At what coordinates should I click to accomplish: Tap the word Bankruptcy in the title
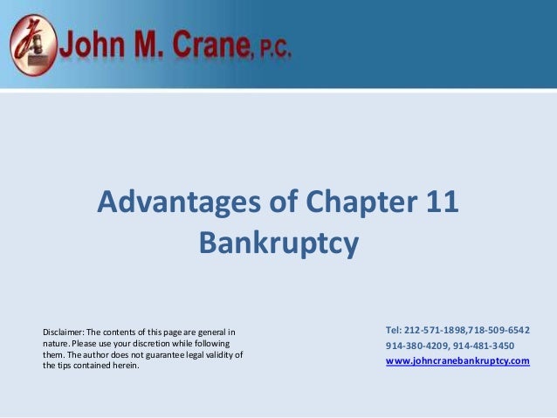coord(278,242)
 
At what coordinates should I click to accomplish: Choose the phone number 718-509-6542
coord(500,330)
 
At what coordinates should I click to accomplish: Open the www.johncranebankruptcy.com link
coord(457,360)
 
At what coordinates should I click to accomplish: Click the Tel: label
coord(394,330)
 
